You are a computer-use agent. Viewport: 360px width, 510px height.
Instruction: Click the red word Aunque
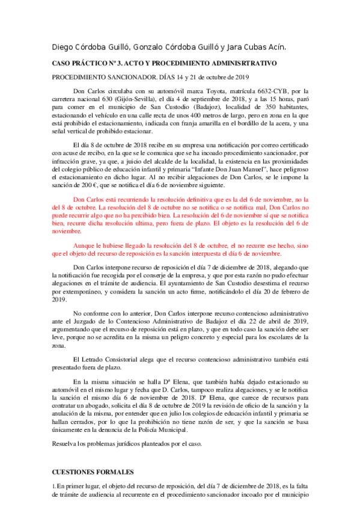[84, 246]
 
